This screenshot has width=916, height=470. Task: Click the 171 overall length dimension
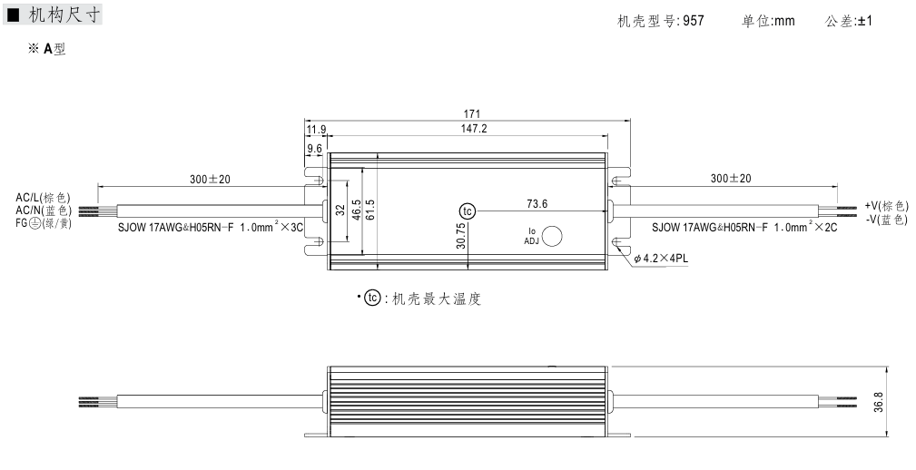click(x=471, y=113)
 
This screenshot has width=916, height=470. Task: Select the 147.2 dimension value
click(x=471, y=129)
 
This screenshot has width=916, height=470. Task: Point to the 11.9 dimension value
click(x=316, y=130)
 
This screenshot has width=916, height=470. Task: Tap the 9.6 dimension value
click(x=314, y=147)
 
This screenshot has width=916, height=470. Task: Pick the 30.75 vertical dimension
click(x=461, y=237)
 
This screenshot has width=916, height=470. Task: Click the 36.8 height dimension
click(x=879, y=400)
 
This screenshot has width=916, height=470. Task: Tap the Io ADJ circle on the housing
click(x=552, y=236)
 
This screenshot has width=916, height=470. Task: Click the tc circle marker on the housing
click(x=468, y=211)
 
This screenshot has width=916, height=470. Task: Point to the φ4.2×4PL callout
click(x=662, y=259)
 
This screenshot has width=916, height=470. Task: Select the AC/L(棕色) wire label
click(x=43, y=197)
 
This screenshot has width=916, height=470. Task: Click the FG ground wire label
click(x=43, y=222)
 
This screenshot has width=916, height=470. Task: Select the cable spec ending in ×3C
click(x=210, y=228)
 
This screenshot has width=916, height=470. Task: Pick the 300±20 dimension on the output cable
click(x=731, y=179)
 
